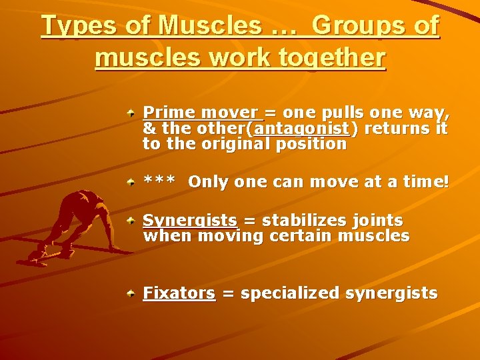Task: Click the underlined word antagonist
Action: click(x=301, y=128)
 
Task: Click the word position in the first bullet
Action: click(x=316, y=143)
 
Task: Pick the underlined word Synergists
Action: click(x=190, y=221)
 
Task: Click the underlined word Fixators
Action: click(x=179, y=293)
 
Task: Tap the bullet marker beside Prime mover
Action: click(x=133, y=113)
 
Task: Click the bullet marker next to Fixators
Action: click(x=133, y=293)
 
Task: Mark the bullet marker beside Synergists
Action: click(x=133, y=221)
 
